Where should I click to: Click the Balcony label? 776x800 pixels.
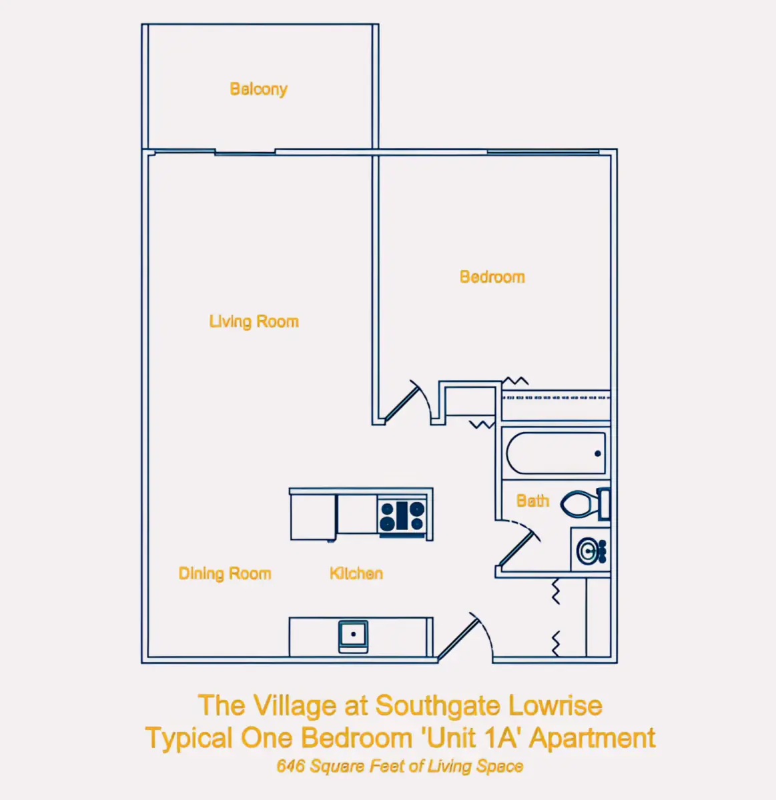point(258,89)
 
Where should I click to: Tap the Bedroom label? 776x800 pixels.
point(492,277)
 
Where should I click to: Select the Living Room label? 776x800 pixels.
point(254,321)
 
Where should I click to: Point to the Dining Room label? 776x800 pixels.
point(225,573)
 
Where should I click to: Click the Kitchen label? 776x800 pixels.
point(356,573)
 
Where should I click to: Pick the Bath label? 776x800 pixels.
point(533,501)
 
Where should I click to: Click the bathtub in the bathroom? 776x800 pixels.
point(556,453)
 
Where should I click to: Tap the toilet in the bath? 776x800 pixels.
point(585,503)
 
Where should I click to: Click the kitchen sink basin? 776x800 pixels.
point(353,637)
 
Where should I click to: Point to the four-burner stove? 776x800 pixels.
point(402,517)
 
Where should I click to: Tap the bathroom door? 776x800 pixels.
point(518,543)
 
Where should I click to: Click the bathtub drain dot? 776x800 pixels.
point(597,453)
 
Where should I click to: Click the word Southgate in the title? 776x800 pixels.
point(438,706)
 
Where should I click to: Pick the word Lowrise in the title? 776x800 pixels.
point(555,705)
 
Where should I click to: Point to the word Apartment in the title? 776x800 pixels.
point(592,739)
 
